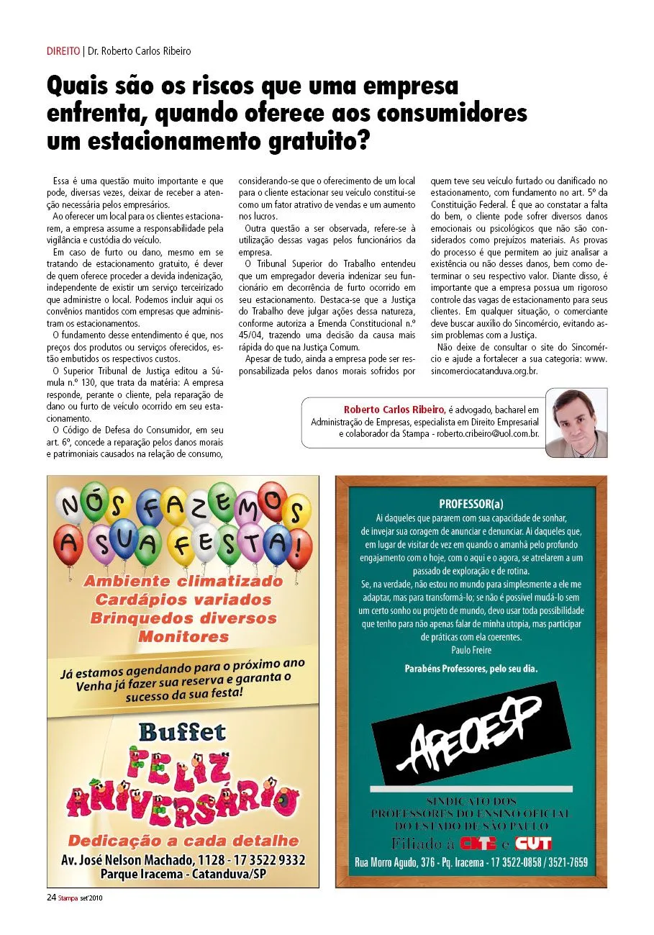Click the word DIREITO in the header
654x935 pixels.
63,51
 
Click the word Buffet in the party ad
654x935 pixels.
182,732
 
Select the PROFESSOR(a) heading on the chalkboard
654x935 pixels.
471,504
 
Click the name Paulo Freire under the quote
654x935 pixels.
471,650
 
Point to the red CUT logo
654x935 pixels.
534,843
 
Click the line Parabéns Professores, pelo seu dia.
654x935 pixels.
471,669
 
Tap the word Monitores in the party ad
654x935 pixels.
183,636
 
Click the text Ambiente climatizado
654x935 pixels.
183,581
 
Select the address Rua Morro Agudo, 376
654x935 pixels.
395,862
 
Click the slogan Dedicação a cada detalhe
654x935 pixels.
183,841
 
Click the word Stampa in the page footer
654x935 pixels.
70,898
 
